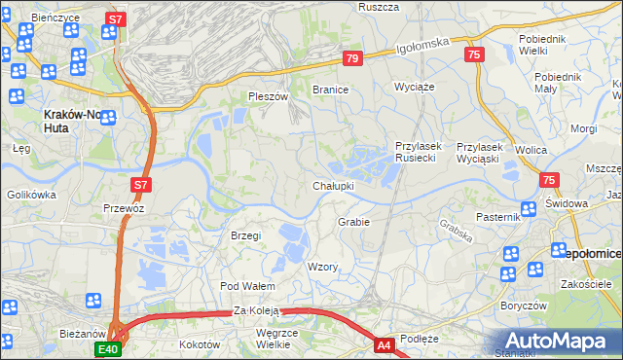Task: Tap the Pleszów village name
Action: pos(269,97)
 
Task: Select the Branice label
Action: pos(330,90)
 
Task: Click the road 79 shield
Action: pos(352,59)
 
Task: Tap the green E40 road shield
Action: pos(107,348)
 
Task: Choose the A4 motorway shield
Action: pos(385,344)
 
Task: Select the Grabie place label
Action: pos(353,222)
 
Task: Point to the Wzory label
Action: pos(322,267)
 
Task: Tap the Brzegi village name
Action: pos(245,235)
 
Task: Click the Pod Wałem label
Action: pos(247,286)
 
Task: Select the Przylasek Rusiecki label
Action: pos(419,152)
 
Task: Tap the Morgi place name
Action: pos(583,128)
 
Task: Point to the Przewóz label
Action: pos(124,208)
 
